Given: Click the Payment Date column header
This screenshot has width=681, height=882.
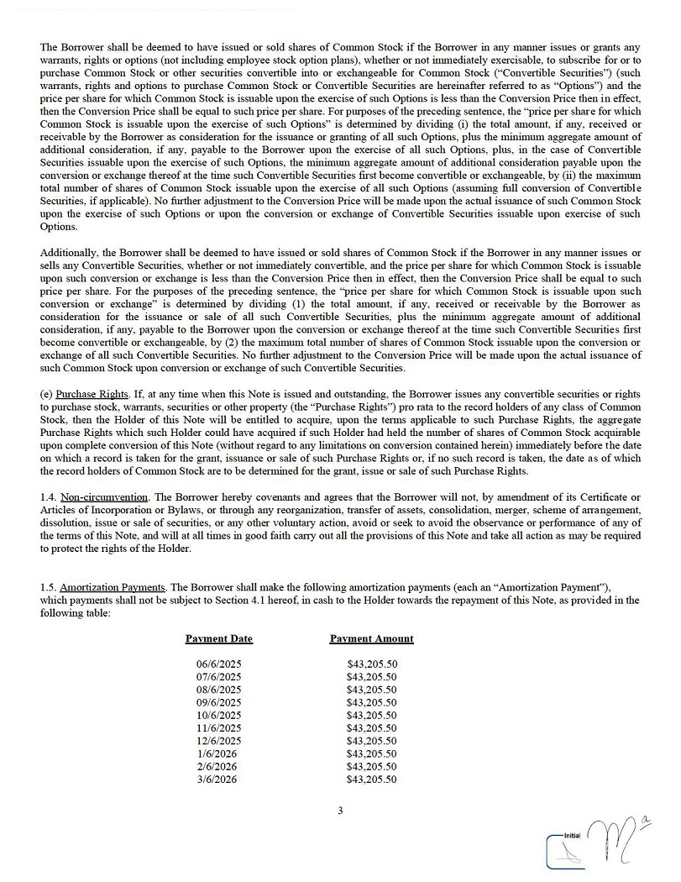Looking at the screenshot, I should click(x=218, y=638).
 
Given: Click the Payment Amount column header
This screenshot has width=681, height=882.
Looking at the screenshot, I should click(x=371, y=638).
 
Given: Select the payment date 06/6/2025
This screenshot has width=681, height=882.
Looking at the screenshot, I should click(x=218, y=664).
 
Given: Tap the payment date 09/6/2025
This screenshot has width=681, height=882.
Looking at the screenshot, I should click(x=218, y=702).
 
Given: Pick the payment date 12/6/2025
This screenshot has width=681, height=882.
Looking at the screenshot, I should click(x=218, y=741).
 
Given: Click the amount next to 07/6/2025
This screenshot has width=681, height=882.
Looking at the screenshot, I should click(x=371, y=677).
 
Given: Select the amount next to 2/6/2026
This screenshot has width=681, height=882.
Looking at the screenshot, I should click(x=371, y=767).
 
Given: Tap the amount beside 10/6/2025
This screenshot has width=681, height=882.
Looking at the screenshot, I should click(x=371, y=716).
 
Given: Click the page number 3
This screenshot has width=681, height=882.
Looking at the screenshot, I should click(x=340, y=811).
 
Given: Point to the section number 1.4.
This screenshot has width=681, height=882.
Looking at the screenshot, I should click(x=47, y=498).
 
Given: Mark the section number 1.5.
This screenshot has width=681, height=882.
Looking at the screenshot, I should click(x=47, y=587).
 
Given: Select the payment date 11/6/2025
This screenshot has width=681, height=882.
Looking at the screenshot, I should click(x=218, y=728).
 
